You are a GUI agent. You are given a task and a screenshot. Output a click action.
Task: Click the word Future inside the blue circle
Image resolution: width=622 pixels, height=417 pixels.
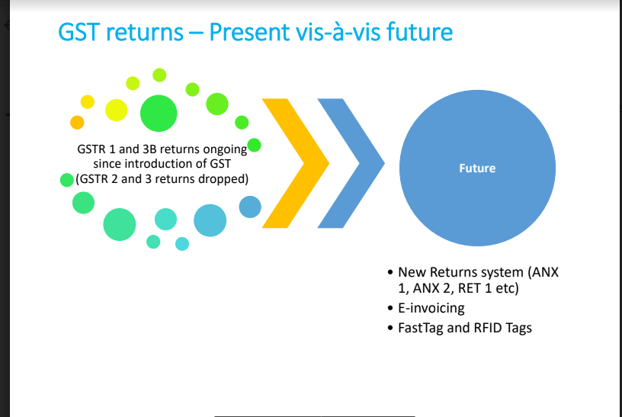(x=477, y=168)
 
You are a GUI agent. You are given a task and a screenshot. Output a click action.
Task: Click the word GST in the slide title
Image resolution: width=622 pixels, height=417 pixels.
(x=79, y=32)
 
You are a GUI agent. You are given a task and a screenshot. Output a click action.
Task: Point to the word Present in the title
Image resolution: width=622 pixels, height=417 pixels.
(x=250, y=32)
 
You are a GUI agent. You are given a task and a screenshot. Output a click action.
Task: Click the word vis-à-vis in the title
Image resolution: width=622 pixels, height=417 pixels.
(x=338, y=32)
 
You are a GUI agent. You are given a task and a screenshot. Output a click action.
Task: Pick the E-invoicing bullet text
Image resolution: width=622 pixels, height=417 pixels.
(x=431, y=308)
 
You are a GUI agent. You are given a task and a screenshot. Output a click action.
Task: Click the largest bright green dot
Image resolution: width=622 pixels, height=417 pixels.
(x=159, y=114)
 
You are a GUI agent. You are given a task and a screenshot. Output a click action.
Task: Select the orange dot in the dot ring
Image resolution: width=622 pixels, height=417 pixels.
(x=77, y=122)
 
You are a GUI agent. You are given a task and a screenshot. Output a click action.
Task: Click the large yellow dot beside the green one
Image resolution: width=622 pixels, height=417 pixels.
(x=116, y=111)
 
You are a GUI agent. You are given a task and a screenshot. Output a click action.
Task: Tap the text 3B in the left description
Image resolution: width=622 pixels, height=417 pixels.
(x=149, y=149)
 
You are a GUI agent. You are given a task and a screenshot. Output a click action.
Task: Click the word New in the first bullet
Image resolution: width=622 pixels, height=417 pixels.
(x=412, y=272)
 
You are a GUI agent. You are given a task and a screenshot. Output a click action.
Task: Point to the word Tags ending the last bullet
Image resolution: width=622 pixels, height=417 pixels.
(x=518, y=329)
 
